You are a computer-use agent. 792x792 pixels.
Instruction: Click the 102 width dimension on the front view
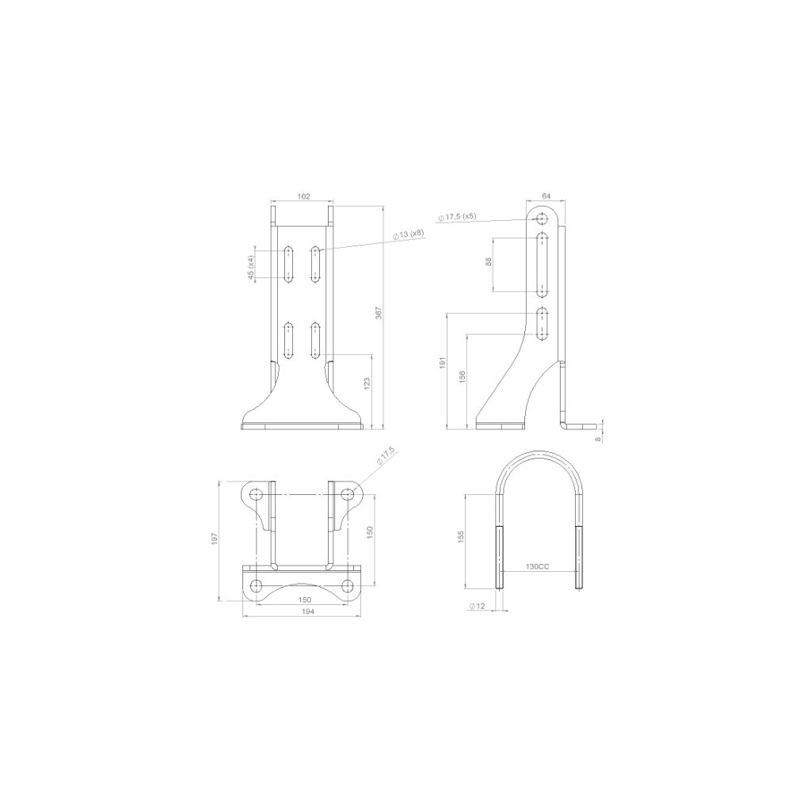tap(303, 196)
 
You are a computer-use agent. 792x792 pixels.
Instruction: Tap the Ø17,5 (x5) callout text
tap(457, 216)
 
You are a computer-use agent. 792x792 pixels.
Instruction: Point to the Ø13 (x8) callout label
tap(409, 234)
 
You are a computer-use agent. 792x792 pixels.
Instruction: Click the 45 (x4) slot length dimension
tap(251, 268)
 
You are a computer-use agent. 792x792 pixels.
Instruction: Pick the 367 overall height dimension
tap(378, 314)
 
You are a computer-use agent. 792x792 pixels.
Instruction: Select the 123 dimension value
tap(366, 384)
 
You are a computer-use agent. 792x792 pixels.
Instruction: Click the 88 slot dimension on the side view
tap(489, 262)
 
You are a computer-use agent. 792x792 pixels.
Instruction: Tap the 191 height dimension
tap(443, 364)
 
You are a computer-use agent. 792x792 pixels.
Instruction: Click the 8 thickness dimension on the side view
tap(599, 435)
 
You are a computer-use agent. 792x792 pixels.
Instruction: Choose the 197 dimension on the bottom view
tap(214, 540)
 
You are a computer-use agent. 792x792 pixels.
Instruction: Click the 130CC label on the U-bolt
tap(536, 567)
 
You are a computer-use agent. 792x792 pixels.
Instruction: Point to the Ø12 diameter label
tap(476, 606)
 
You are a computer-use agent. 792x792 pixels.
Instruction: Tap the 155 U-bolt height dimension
tap(461, 538)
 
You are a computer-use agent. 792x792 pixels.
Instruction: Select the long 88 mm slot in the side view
tap(543, 262)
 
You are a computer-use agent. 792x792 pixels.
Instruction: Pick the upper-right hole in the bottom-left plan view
tap(346, 494)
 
